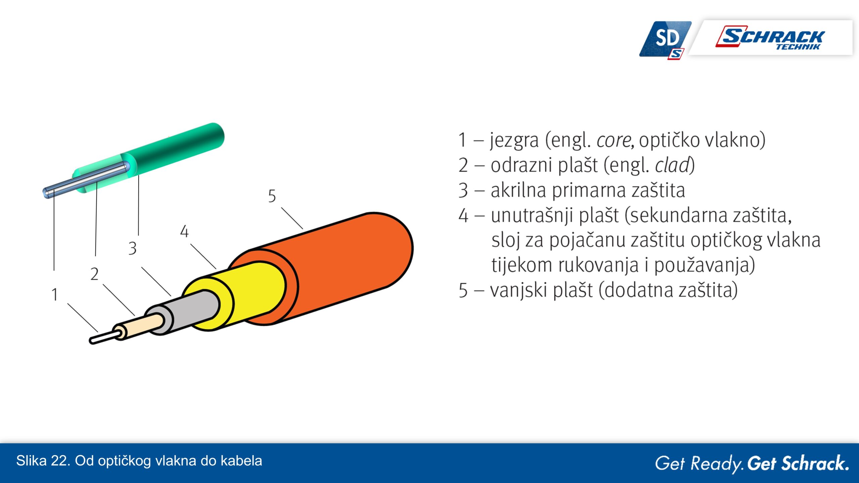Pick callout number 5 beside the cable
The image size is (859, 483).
tap(272, 196)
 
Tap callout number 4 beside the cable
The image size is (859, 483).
tap(184, 231)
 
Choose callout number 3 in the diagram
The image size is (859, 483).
tap(133, 249)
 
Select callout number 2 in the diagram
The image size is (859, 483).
tap(94, 274)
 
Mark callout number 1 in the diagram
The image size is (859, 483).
tap(55, 294)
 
